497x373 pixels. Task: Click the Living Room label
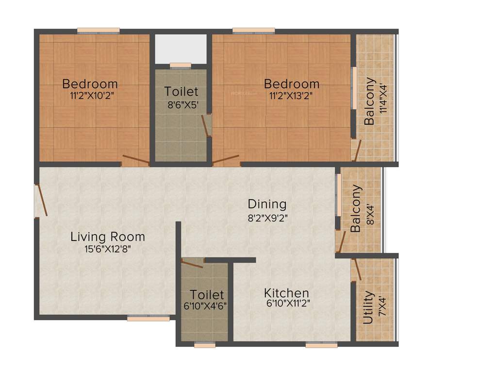pyautogui.click(x=108, y=237)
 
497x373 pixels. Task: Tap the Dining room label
pyautogui.click(x=267, y=204)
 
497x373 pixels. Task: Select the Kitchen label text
pyautogui.click(x=286, y=293)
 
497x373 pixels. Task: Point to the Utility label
pyautogui.click(x=368, y=307)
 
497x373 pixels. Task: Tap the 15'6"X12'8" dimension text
pyautogui.click(x=107, y=249)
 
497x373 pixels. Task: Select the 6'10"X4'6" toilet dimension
pyautogui.click(x=205, y=305)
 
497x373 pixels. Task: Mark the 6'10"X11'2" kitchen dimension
pyautogui.click(x=287, y=305)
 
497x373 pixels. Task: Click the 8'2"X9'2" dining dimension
pyautogui.click(x=267, y=218)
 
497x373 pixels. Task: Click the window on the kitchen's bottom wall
pyautogui.click(x=321, y=345)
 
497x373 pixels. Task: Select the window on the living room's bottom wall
pyautogui.click(x=149, y=319)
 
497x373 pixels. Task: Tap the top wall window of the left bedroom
pyautogui.click(x=98, y=31)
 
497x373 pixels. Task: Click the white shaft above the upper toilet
pyautogui.click(x=181, y=49)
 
